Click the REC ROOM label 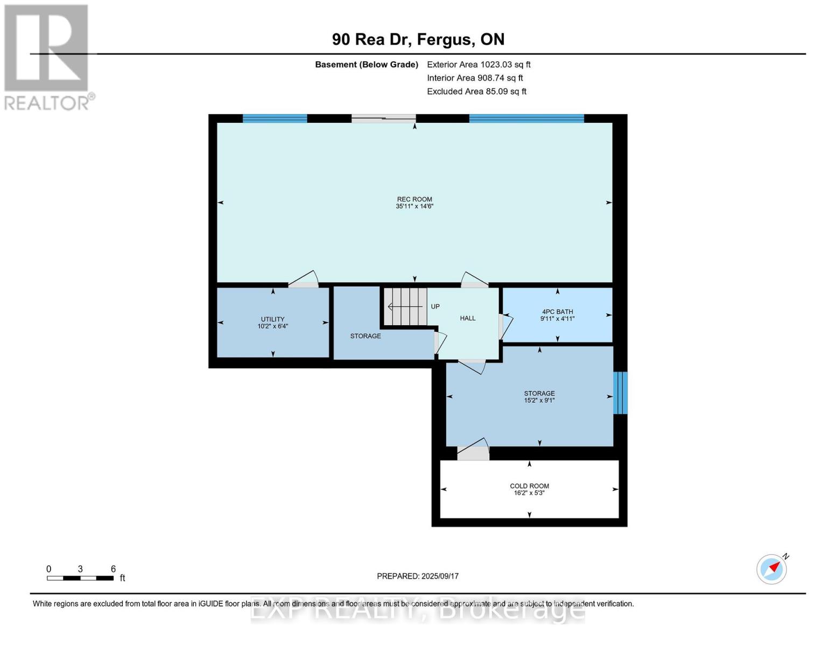(415, 199)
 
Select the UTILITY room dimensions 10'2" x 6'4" (273, 326)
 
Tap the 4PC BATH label (558, 312)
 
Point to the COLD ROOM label (529, 486)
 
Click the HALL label (468, 318)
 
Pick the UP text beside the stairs (435, 307)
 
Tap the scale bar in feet (80, 578)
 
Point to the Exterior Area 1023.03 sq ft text (479, 65)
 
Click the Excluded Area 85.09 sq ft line (476, 92)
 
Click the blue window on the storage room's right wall (620, 392)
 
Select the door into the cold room (473, 448)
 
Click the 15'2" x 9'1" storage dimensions (539, 400)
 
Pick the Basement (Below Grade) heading (367, 65)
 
